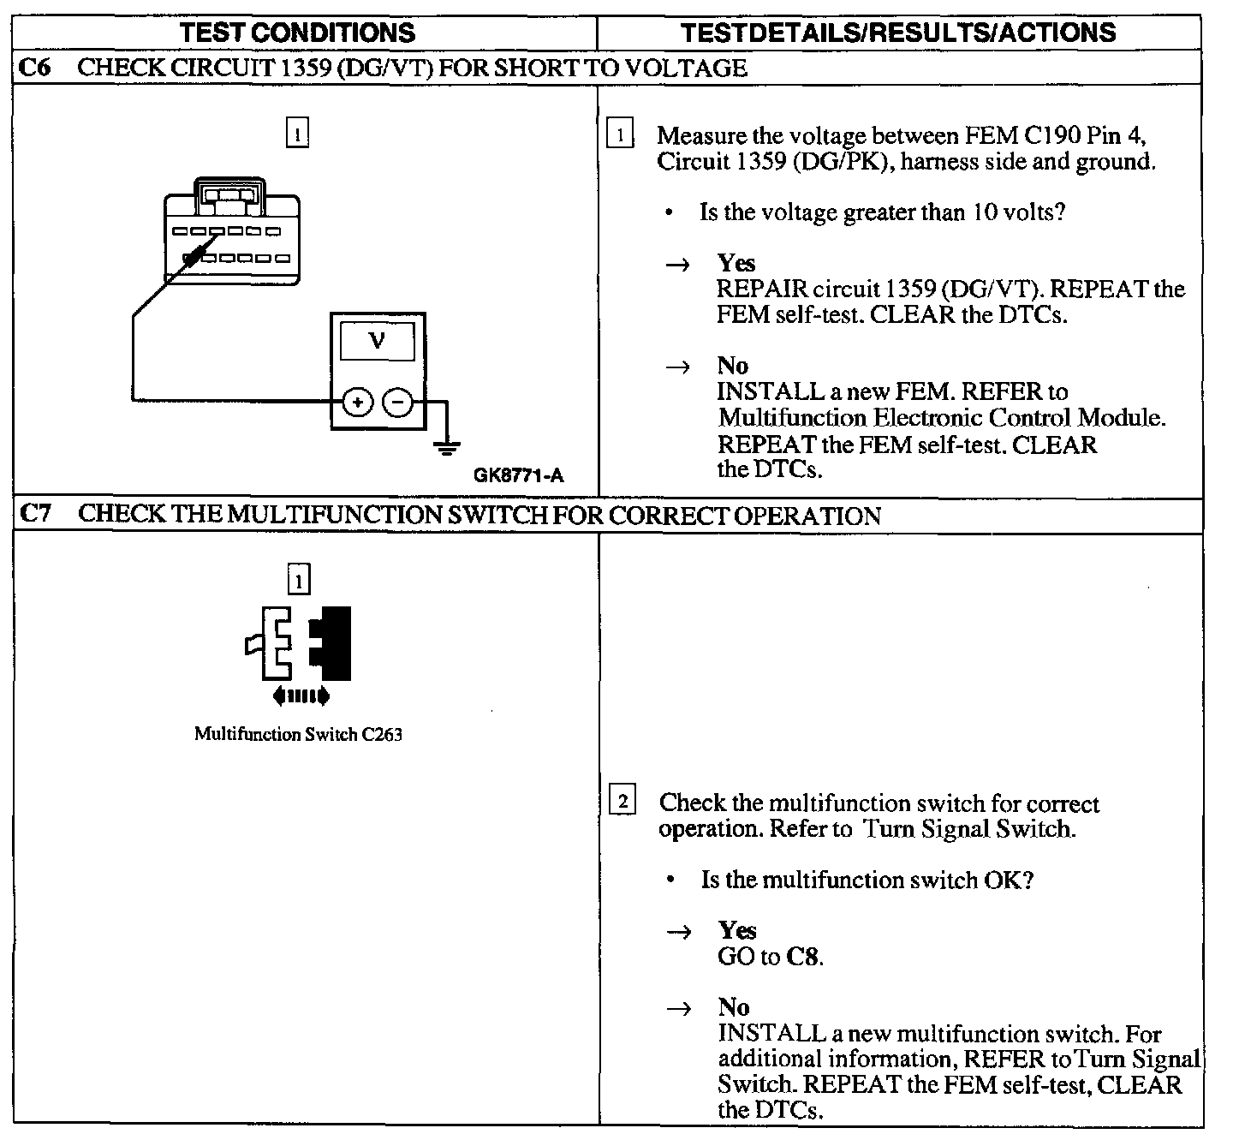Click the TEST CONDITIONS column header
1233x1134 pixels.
pyautogui.click(x=298, y=33)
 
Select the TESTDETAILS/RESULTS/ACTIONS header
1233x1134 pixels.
pyautogui.click(x=898, y=33)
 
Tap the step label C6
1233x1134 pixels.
pyautogui.click(x=34, y=68)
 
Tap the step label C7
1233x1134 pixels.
pyautogui.click(x=34, y=514)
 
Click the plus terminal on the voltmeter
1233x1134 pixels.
pyautogui.click(x=358, y=401)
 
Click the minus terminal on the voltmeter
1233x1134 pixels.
pyautogui.click(x=396, y=401)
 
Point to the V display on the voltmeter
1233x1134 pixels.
pyautogui.click(x=377, y=341)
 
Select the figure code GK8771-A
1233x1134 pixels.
pyautogui.click(x=519, y=476)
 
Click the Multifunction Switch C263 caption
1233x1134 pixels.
pyautogui.click(x=298, y=734)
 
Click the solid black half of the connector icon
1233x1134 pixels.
pyautogui.click(x=336, y=642)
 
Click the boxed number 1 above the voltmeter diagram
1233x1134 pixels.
pyautogui.click(x=296, y=134)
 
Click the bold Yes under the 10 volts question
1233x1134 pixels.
pyautogui.click(x=736, y=263)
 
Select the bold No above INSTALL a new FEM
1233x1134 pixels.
pyautogui.click(x=733, y=366)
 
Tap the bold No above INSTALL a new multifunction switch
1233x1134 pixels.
pyautogui.click(x=734, y=1007)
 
